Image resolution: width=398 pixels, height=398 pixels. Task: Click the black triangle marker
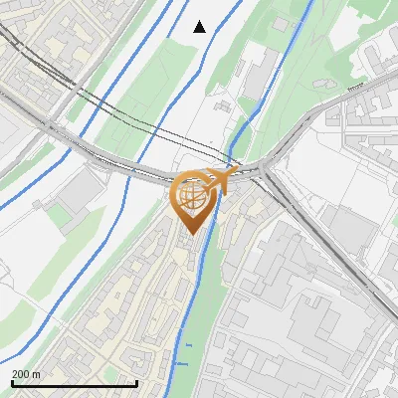click(200, 27)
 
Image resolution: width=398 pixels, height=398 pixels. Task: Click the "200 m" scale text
click(26, 374)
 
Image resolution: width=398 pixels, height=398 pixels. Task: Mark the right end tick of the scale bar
click(137, 383)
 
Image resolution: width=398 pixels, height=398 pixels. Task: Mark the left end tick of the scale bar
click(11, 383)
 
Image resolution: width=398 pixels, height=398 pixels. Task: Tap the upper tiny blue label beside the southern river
click(188, 345)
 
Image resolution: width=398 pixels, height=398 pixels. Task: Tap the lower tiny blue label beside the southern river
click(181, 363)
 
